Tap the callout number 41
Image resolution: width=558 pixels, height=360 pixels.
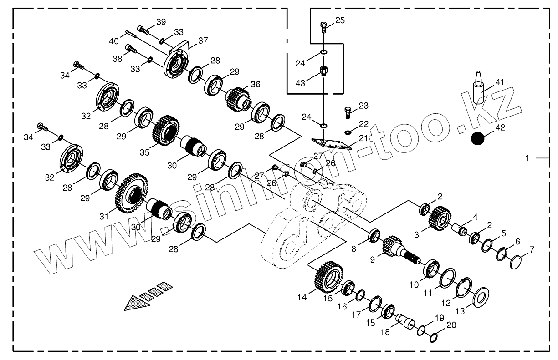[500, 82]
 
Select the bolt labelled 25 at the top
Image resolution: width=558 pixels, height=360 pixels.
[324, 27]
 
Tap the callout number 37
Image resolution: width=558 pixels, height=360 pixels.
[203, 41]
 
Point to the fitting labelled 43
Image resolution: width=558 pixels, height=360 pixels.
[324, 71]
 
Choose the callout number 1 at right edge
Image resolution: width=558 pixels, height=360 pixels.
[527, 158]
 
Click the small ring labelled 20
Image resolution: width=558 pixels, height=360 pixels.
[433, 337]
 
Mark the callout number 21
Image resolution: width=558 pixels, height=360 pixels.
[363, 138]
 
